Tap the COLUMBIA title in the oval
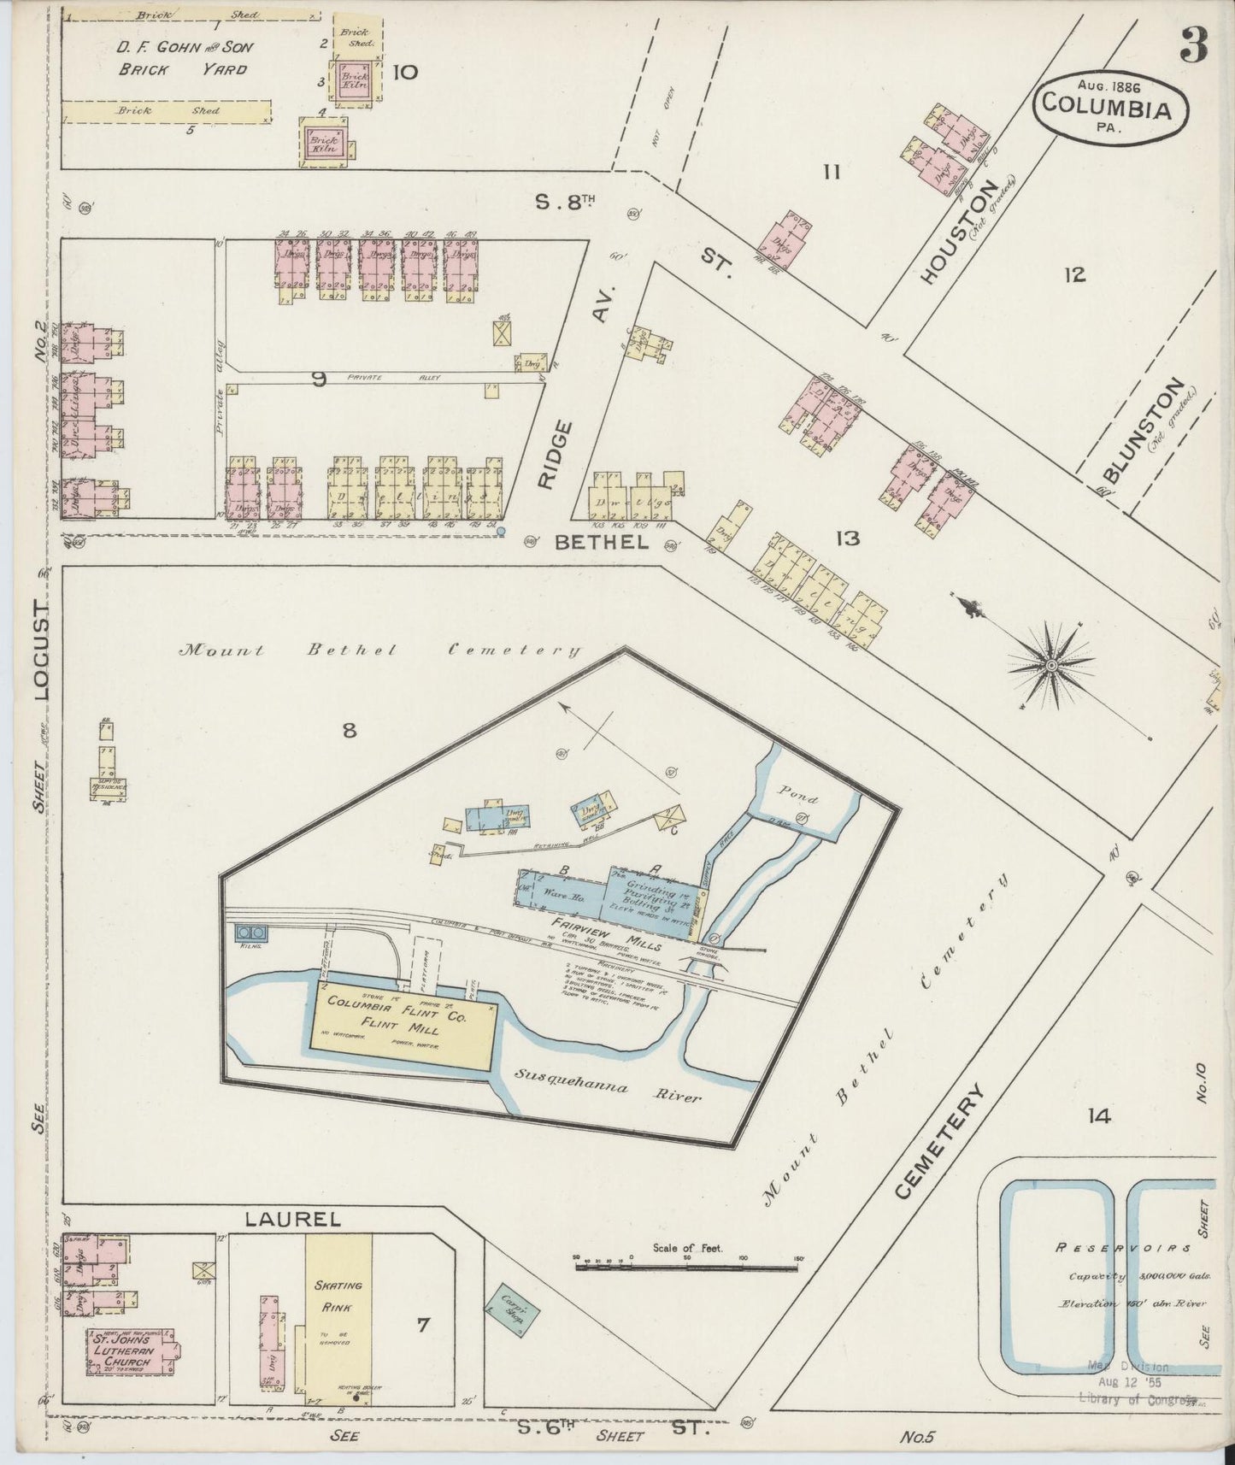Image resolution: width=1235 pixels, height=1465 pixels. [x=1113, y=109]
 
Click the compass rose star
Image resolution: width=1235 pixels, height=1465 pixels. [x=1051, y=664]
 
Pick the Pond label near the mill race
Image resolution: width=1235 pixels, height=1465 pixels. [x=797, y=799]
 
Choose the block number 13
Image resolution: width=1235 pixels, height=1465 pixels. [x=848, y=538]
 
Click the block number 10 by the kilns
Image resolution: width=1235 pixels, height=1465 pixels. [x=404, y=72]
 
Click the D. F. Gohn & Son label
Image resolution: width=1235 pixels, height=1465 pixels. [x=185, y=48]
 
